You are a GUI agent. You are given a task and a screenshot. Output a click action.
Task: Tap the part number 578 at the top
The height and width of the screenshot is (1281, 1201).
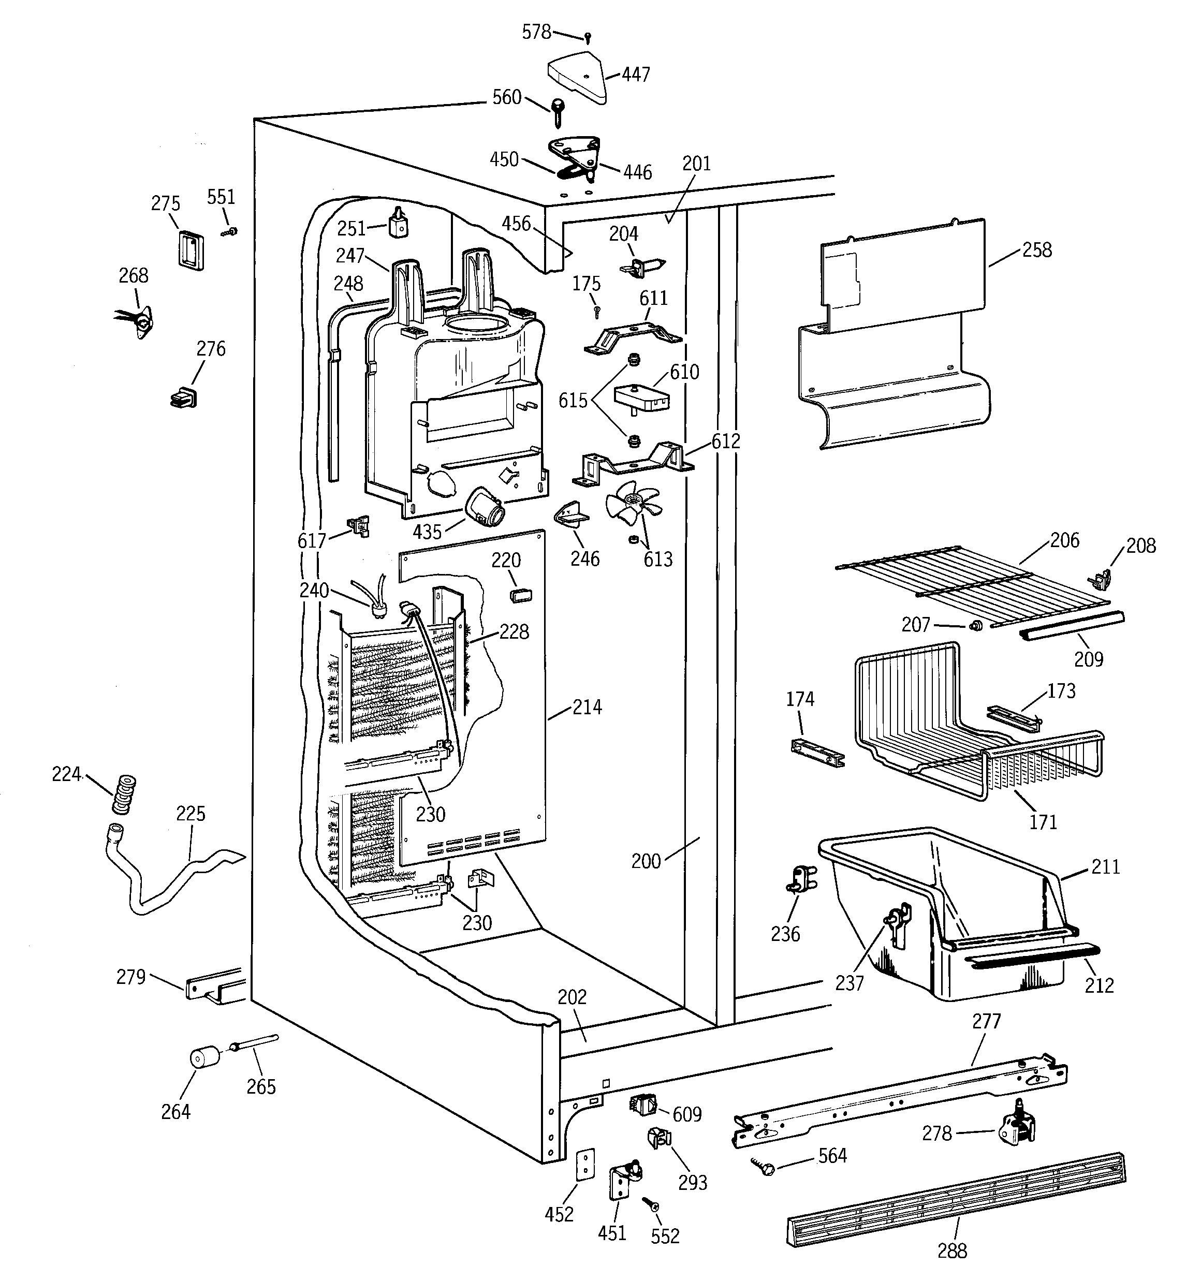tap(536, 32)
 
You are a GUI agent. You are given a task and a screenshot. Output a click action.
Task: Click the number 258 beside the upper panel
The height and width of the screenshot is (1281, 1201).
tap(1036, 250)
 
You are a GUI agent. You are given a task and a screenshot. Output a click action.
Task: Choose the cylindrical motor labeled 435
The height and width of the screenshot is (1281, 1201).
tap(487, 507)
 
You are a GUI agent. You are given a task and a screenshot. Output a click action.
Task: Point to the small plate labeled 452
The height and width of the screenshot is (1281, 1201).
tap(584, 1164)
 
